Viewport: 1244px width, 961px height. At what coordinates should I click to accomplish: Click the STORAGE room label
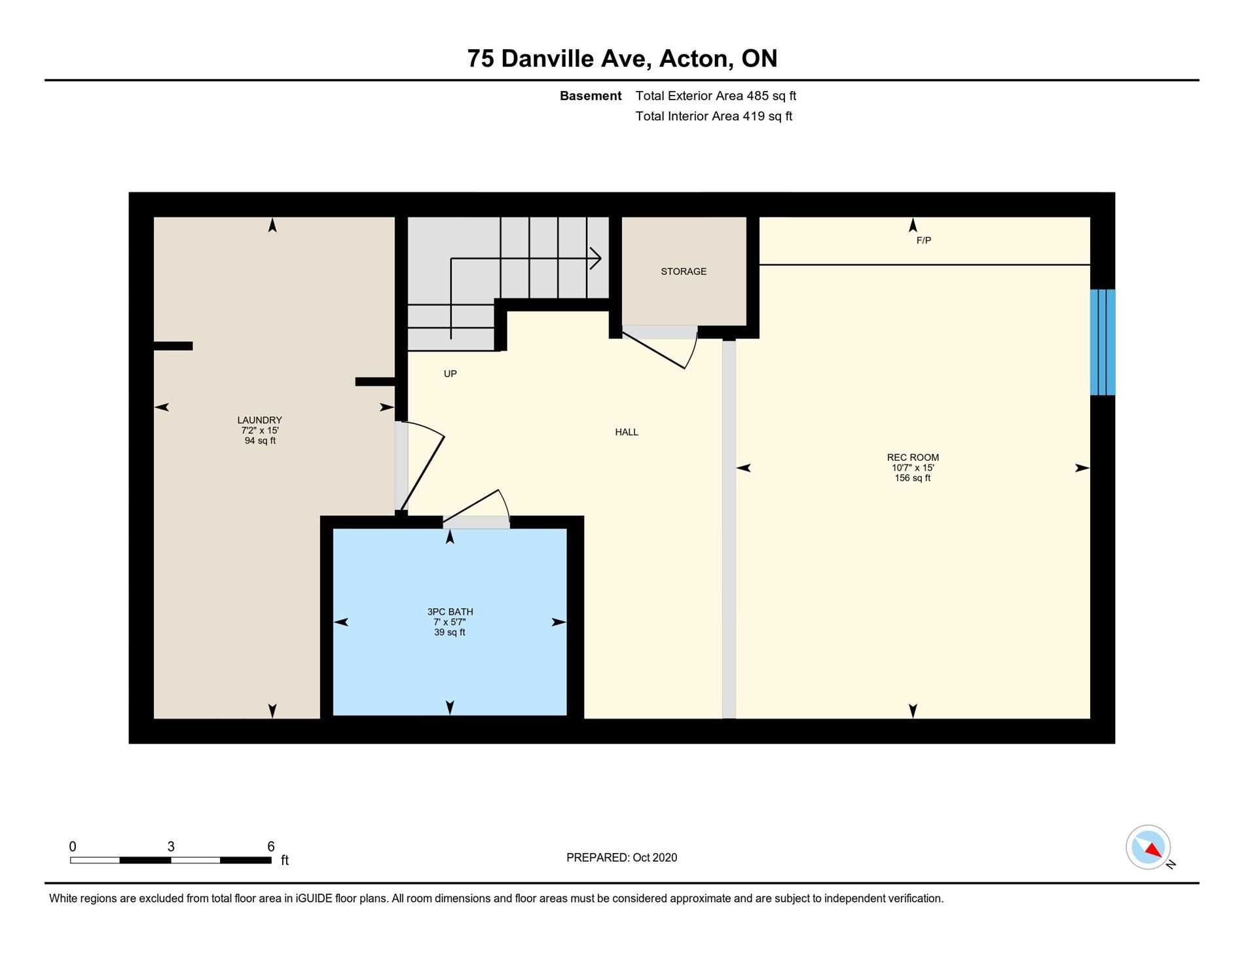pos(684,271)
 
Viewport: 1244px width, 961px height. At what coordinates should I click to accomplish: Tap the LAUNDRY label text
pos(259,420)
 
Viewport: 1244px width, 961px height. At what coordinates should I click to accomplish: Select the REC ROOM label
pos(913,458)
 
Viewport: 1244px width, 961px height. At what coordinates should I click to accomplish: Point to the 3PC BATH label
pos(450,612)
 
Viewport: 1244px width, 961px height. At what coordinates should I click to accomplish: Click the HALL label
pos(627,432)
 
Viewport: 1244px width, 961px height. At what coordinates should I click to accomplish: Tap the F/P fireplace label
pos(923,240)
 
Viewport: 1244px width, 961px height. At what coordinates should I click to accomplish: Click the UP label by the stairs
pos(450,374)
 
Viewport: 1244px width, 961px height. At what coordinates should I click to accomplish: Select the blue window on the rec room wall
pos(1103,342)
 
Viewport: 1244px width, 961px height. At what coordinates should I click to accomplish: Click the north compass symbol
pos(1148,847)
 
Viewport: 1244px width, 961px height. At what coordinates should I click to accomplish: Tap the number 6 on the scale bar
pos(271,846)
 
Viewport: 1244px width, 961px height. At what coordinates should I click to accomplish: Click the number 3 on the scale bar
pos(171,846)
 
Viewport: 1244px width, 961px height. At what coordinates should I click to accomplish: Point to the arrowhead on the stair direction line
pos(596,258)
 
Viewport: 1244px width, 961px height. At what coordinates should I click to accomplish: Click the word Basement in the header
pos(591,96)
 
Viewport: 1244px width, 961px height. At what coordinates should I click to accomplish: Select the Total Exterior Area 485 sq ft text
pos(716,96)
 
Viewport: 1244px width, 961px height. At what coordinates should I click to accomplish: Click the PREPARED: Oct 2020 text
pos(621,858)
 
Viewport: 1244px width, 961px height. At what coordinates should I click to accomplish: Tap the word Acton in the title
pos(697,59)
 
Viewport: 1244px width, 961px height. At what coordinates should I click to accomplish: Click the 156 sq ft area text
pos(913,479)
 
